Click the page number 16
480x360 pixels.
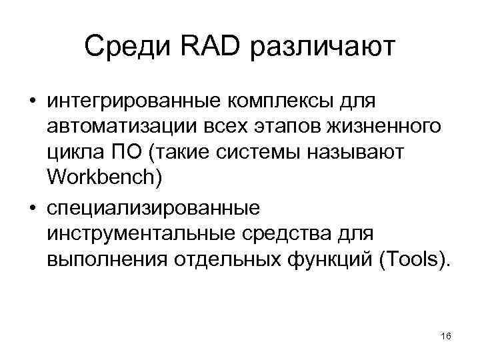pyautogui.click(x=446, y=336)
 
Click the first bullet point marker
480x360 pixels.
pyautogui.click(x=31, y=102)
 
